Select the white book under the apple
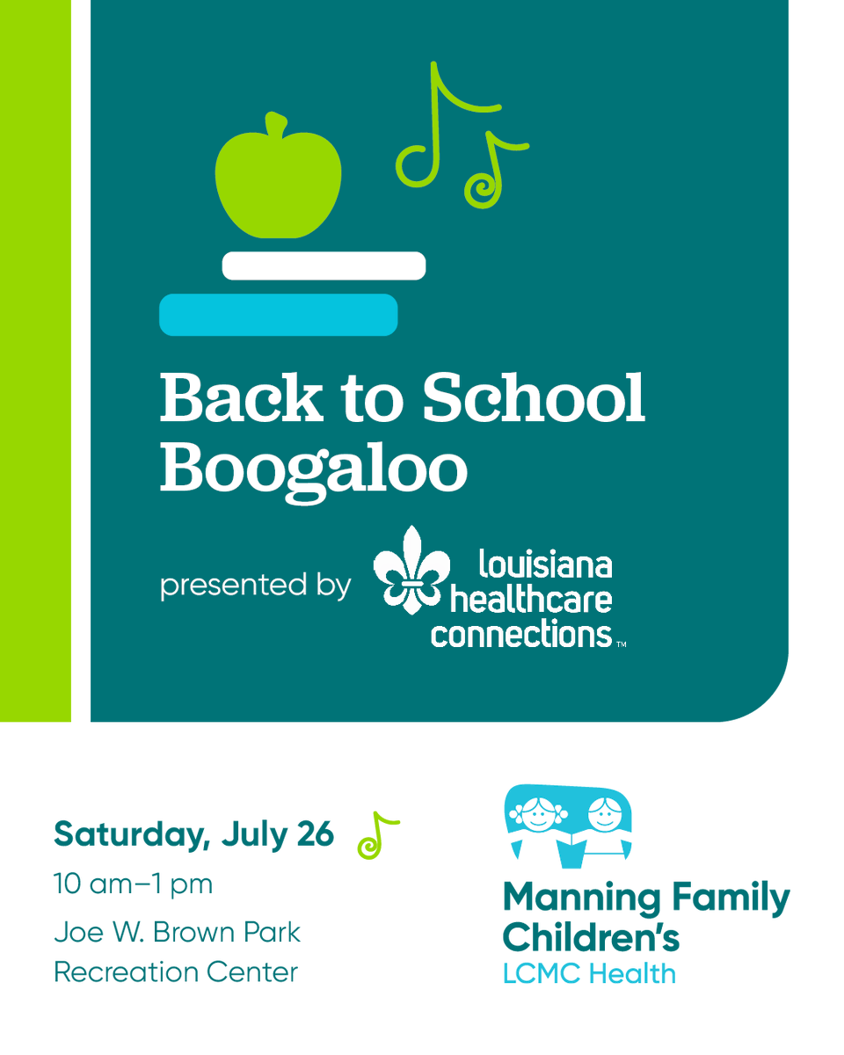[324, 266]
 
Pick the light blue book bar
[278, 315]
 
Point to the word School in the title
[533, 397]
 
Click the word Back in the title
[241, 397]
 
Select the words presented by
[255, 586]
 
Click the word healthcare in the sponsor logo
[531, 600]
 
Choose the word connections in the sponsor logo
[520, 634]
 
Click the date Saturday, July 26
[193, 833]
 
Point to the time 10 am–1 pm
[133, 884]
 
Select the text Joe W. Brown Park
[177, 932]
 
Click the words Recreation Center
[176, 972]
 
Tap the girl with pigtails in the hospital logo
[535, 819]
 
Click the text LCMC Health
[589, 974]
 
